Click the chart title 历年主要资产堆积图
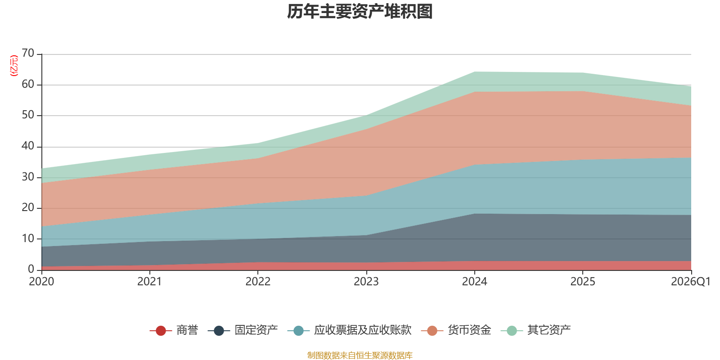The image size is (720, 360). tap(360, 12)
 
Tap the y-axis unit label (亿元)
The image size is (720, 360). tap(14, 66)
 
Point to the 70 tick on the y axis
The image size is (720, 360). tap(28, 54)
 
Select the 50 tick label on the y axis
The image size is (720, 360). tap(28, 115)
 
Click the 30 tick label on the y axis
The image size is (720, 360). tap(28, 177)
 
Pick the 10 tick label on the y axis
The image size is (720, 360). tap(28, 238)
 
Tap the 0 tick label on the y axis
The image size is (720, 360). tap(31, 269)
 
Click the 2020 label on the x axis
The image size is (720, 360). tap(41, 282)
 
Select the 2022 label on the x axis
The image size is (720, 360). tap(258, 282)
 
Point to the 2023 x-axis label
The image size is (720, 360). tap(366, 282)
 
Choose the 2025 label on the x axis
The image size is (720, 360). tap(583, 282)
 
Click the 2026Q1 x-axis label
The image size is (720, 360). tap(691, 282)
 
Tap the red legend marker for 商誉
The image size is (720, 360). tap(161, 331)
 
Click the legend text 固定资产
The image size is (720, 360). tap(256, 330)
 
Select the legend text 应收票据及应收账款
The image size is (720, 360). tap(363, 330)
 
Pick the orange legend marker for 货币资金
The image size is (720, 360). tap(432, 331)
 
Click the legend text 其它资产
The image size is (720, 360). tap(549, 330)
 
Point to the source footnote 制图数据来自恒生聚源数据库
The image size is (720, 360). tap(360, 355)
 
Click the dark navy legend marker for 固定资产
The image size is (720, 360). tap(219, 331)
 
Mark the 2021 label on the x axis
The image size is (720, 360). tap(149, 282)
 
